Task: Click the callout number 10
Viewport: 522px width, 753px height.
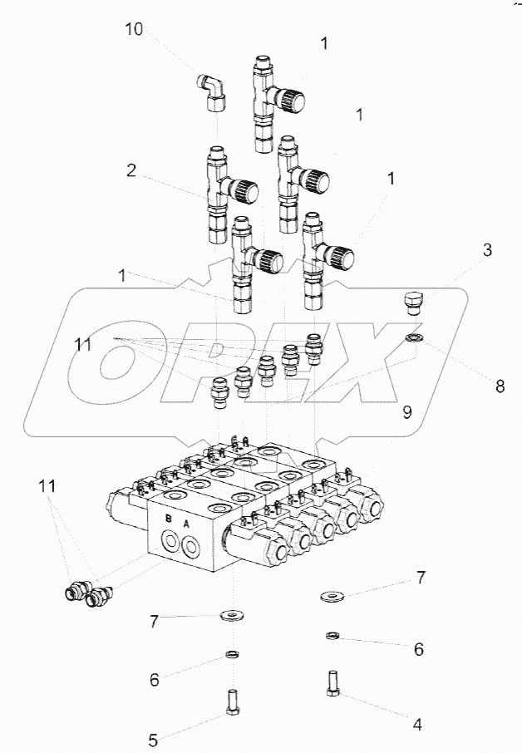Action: point(134,30)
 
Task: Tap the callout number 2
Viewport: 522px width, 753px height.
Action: point(131,171)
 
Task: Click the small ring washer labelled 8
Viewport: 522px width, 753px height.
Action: point(413,337)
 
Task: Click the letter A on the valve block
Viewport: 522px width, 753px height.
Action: point(186,524)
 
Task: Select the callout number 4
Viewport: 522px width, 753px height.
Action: point(417,724)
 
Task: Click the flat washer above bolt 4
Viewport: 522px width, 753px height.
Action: point(334,595)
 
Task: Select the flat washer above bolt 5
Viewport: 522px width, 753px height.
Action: point(230,616)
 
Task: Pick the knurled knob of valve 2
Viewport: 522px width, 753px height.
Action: point(246,191)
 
